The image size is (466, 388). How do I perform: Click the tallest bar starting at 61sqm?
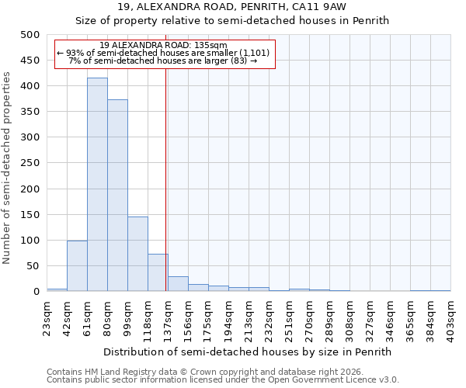pos(97,185)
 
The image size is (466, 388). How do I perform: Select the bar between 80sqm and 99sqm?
pos(117,196)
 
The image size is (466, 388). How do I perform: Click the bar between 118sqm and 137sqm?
pos(158,272)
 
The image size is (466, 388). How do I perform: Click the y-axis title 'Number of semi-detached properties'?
pos(7,168)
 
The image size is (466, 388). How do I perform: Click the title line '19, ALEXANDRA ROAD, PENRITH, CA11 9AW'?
pos(232,7)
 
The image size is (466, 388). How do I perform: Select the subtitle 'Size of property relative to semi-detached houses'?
pos(232,21)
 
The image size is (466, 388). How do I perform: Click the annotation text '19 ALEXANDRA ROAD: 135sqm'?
pos(164,45)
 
